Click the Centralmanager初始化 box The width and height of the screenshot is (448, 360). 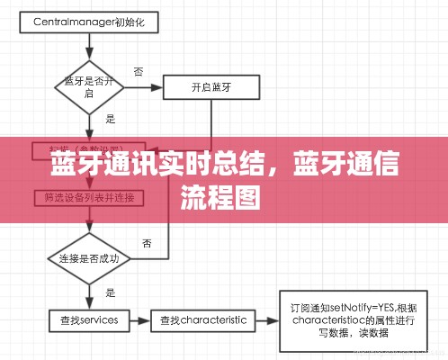point(89,19)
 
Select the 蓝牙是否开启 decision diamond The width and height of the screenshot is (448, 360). point(87,87)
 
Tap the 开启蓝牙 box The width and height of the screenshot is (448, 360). point(212,87)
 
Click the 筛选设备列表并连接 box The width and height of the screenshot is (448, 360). point(89,196)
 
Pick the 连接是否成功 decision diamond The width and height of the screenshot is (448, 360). point(89,258)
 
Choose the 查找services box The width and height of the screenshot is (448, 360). point(89,319)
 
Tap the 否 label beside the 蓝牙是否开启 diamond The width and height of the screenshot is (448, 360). point(139,71)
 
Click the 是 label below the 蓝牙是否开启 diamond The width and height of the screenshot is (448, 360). point(111,118)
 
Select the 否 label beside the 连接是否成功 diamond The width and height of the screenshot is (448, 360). point(147,243)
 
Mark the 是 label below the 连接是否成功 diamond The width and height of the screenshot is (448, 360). point(111,292)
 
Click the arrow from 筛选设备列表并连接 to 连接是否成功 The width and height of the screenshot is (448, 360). point(88,220)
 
